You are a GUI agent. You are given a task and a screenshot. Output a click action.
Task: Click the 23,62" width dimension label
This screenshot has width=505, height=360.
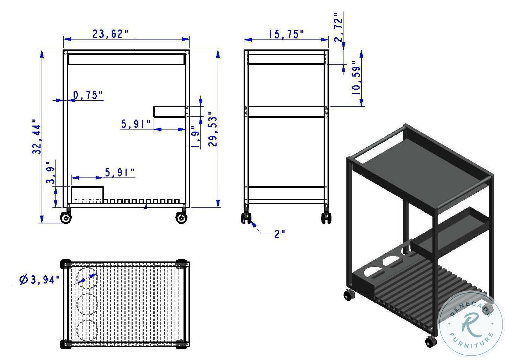coord(110,34)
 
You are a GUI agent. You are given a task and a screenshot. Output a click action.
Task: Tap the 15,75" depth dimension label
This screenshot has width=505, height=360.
coord(286,34)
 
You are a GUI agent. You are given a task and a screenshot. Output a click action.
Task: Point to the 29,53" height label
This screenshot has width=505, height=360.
coord(213,129)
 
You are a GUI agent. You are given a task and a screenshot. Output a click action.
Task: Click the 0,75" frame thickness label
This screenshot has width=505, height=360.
coord(88,95)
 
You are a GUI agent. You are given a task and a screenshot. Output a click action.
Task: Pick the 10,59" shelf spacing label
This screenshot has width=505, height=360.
coord(356,78)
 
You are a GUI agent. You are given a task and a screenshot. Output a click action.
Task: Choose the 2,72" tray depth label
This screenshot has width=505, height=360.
coord(339,27)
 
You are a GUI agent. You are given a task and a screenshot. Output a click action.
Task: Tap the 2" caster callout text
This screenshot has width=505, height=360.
coord(280,234)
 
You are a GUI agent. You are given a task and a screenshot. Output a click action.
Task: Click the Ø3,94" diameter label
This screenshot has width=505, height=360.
coord(40,280)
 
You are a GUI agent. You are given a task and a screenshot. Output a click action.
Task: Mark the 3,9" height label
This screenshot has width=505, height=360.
coord(51,173)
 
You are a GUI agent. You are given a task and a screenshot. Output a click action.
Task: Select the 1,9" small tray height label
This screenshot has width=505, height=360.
coord(195,137)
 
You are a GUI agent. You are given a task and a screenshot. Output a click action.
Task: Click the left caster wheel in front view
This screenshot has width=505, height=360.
coord(66,218)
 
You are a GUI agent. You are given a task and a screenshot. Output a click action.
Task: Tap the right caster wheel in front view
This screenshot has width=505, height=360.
coord(181,218)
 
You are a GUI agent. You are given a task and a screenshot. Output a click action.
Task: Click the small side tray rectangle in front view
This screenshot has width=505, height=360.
coord(170,111)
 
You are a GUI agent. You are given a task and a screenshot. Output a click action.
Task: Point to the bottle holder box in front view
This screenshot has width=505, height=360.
coord(87,195)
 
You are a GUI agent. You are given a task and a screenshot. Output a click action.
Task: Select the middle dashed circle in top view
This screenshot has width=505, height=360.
coord(87,303)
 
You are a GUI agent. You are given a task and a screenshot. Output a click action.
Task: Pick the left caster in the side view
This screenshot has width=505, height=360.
coord(246,218)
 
